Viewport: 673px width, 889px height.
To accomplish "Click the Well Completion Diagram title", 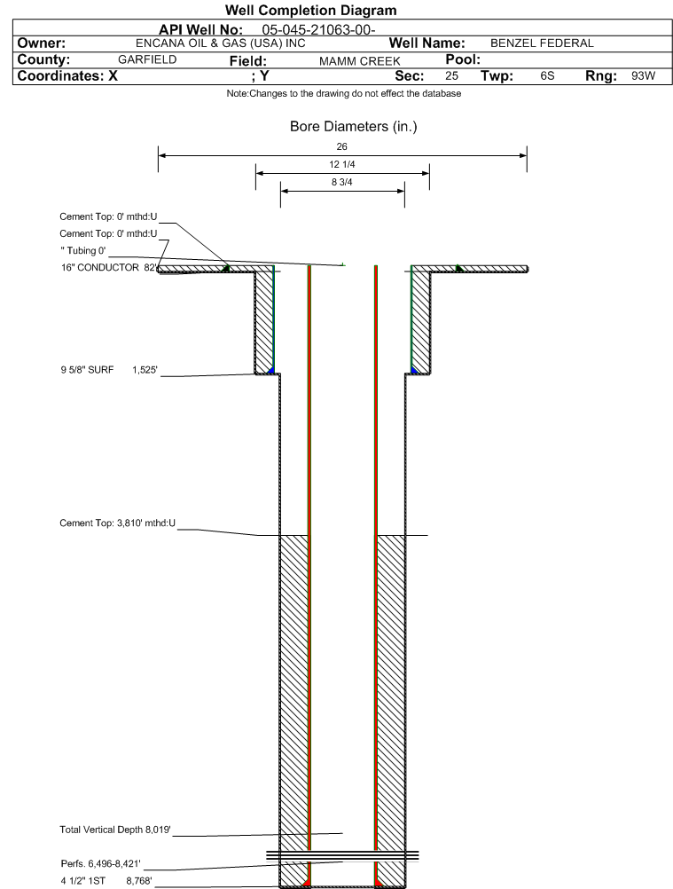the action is tap(311, 11).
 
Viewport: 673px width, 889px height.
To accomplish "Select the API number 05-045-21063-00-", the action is tap(319, 30).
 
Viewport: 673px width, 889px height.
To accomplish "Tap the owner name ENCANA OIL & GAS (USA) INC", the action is tap(221, 43).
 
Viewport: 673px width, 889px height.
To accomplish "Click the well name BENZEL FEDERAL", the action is tap(542, 43).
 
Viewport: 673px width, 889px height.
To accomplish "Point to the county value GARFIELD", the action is tap(147, 59).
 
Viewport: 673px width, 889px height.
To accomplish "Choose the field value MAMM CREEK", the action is tap(360, 61).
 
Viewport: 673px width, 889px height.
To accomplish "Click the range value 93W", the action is tap(643, 76).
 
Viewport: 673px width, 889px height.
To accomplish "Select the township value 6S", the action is tap(547, 76).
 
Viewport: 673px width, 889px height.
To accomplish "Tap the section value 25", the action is tap(451, 76).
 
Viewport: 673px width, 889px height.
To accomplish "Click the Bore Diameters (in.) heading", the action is tap(354, 127).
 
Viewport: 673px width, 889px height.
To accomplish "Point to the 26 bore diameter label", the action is tap(341, 147).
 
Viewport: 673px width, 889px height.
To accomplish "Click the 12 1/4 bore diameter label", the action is tap(342, 164).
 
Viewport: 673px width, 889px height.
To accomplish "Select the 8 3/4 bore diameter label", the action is tap(342, 182).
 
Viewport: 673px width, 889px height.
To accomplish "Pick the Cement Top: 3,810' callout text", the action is tap(118, 523).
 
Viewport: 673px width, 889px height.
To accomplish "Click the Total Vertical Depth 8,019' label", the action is tap(115, 830).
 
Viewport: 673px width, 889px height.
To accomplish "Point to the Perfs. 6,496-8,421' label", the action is tap(101, 864).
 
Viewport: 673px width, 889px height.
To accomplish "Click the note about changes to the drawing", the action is tap(344, 93).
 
